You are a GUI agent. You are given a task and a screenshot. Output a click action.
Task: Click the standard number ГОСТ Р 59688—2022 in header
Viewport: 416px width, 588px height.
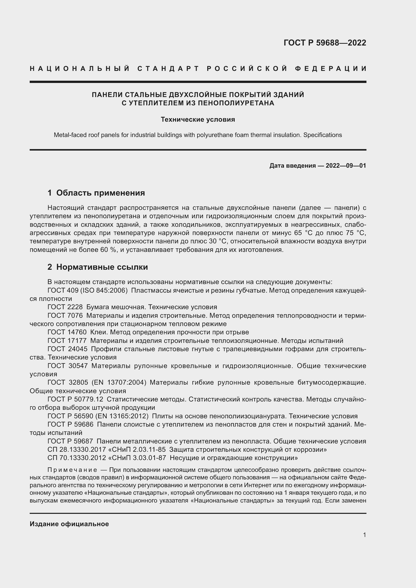[x=324, y=43]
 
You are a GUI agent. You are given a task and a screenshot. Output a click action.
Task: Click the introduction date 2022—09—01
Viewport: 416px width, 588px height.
[x=346, y=166]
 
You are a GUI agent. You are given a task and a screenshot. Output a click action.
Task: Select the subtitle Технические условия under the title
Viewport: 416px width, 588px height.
[x=198, y=120]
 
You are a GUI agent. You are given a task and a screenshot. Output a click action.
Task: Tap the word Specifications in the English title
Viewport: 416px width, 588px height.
[x=322, y=135]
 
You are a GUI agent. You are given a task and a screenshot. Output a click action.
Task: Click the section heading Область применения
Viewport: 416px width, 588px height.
[x=100, y=193]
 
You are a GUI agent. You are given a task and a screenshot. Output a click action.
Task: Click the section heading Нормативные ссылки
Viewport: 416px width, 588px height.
[x=102, y=267]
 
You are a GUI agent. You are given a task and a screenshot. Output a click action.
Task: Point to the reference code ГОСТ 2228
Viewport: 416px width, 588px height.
[x=65, y=307]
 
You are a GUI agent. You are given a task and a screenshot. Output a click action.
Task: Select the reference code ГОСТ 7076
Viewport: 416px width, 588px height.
[x=65, y=316]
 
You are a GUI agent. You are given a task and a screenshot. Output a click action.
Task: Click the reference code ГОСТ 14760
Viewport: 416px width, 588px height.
[x=67, y=332]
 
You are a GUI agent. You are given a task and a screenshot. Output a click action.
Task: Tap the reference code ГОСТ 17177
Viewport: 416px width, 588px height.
[x=67, y=341]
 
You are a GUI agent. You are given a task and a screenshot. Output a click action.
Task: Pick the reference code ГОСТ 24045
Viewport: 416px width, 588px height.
[x=67, y=349]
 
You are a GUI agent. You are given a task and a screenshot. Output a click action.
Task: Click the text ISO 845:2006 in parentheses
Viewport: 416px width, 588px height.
[x=111, y=291]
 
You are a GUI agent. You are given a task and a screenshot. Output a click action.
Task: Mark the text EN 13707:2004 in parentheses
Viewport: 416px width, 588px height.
[x=119, y=382]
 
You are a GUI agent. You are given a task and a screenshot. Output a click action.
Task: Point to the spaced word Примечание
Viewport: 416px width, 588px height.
[x=72, y=470]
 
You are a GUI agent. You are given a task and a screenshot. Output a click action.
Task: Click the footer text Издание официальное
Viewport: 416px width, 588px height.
[x=69, y=524]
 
